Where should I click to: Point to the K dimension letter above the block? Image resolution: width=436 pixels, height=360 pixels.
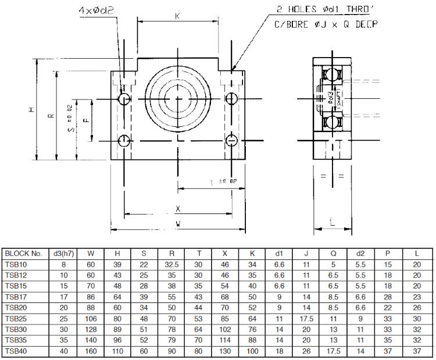tap(177, 16)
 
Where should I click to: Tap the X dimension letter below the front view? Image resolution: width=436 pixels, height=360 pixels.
tap(178, 208)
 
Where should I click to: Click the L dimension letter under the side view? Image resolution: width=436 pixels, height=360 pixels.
tap(332, 222)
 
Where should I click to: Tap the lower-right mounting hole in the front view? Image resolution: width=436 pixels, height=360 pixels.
tap(231, 141)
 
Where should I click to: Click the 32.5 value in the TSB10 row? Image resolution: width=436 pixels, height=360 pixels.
tap(171, 263)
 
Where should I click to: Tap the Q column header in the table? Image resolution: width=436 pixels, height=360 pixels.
tap(334, 254)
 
